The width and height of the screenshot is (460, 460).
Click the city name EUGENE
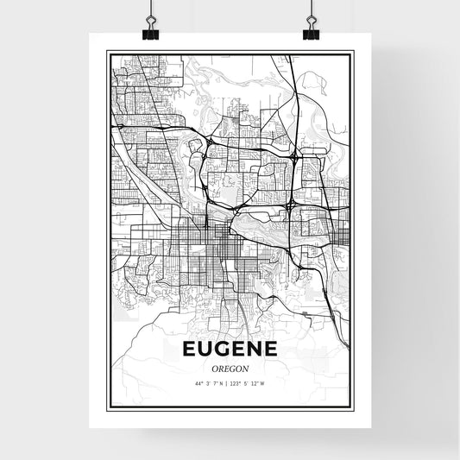point(230,349)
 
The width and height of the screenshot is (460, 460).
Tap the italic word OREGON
point(230,369)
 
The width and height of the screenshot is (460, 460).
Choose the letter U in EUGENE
point(205,349)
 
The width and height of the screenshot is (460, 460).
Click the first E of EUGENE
point(188,349)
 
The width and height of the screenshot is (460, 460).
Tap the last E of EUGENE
point(273,349)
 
